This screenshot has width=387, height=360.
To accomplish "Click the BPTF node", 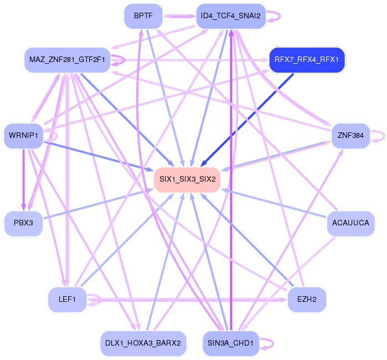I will click(143, 16).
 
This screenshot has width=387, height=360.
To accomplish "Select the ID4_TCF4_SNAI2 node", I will click(231, 16).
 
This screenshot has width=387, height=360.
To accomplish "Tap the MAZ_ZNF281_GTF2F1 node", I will click(68, 59).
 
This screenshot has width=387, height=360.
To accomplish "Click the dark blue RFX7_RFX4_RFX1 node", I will click(307, 59).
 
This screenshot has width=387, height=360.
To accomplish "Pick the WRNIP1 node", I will click(23, 135).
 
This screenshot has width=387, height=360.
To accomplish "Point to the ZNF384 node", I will click(350, 135).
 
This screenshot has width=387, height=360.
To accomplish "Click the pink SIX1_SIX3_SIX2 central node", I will click(187, 179).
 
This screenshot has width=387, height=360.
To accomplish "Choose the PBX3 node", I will click(23, 223).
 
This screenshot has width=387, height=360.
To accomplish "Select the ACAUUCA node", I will click(351, 223).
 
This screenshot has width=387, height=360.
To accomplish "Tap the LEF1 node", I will click(67, 300).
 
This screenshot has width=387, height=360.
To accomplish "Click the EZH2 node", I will click(306, 300).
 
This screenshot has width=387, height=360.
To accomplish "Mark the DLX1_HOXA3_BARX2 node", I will click(143, 343).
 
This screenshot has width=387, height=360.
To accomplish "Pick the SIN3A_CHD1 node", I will click(230, 343).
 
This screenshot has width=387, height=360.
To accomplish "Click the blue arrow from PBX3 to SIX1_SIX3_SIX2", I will click(94, 205).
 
